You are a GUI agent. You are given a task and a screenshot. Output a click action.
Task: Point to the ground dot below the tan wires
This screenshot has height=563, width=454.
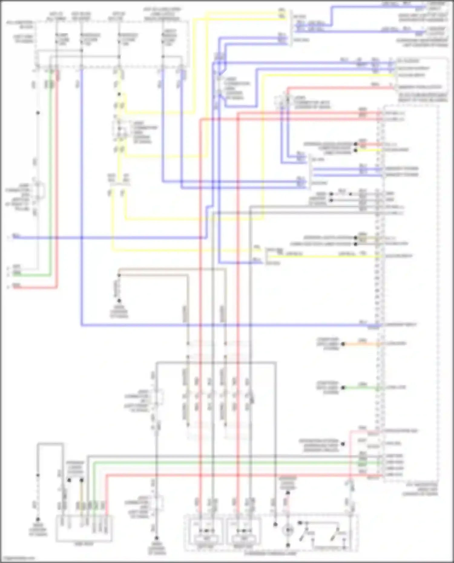pyautogui.click(x=119, y=300)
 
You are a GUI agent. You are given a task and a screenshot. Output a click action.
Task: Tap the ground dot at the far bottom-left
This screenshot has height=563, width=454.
pyautogui.click(x=38, y=519)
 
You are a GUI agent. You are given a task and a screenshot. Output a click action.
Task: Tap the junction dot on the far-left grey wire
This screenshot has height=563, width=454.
pyautogui.click(x=38, y=113)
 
